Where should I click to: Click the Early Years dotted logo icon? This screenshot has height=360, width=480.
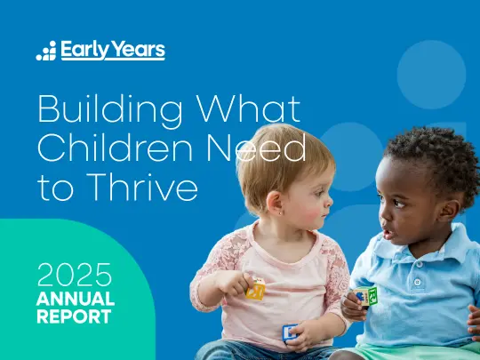tap(46, 51)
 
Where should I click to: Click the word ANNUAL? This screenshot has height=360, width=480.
tap(75, 298)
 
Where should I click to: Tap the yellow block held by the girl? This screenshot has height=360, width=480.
tap(256, 289)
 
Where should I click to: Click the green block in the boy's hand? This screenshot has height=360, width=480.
tap(368, 296)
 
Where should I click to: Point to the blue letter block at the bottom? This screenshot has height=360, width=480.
tap(291, 332)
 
